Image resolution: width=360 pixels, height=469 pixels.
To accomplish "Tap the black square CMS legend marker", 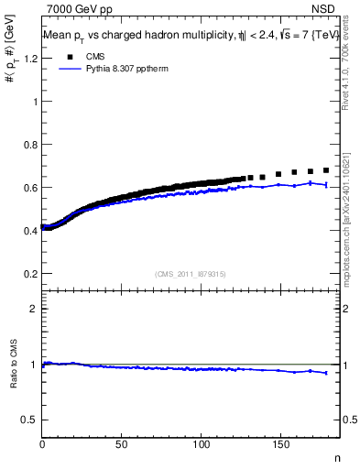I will [67, 57].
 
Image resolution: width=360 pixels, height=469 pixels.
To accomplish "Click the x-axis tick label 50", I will [122, 444].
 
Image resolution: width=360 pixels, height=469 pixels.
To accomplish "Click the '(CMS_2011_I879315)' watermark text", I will [191, 273].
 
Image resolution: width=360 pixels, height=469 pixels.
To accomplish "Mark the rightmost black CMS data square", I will [326, 169].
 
